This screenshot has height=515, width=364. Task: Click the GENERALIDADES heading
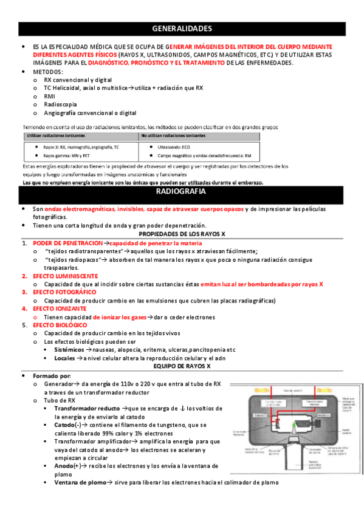point(182,29)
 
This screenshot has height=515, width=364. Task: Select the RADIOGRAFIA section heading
point(182,192)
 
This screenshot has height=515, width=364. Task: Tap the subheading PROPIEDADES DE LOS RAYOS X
point(182,234)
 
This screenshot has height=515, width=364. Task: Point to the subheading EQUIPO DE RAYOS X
point(182,366)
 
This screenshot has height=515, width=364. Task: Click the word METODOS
point(47,72)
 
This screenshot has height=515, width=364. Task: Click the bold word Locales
point(64,358)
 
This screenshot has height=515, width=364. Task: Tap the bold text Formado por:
point(52,376)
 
